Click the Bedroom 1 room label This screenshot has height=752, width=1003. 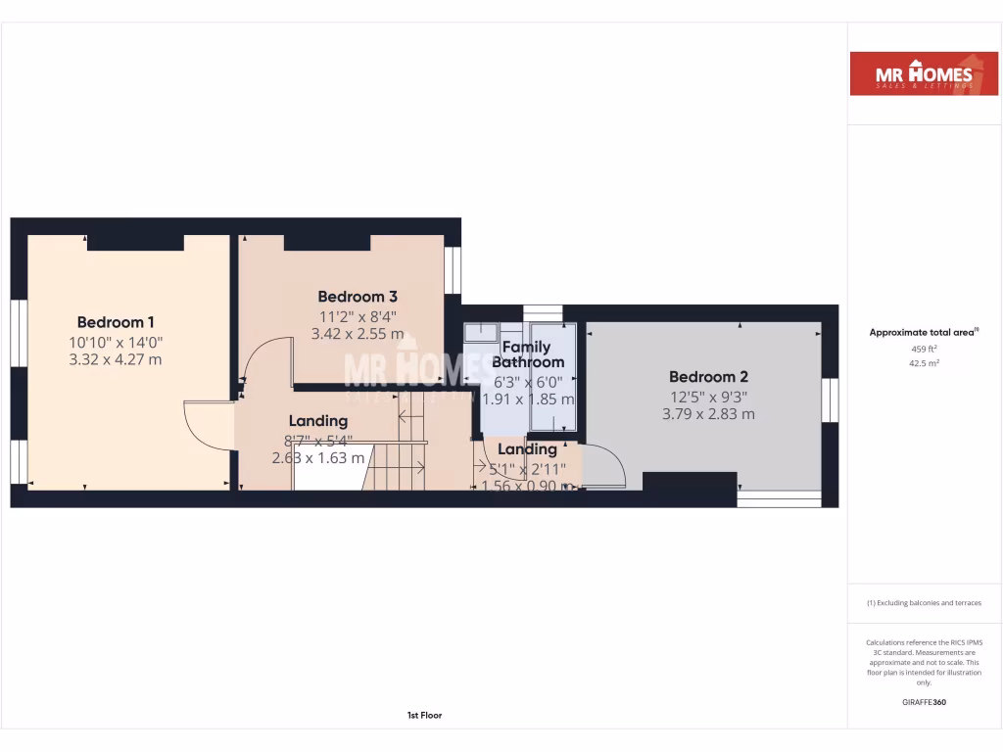click(116, 322)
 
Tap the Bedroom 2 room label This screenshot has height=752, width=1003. click(708, 377)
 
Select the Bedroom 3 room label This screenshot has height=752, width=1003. click(358, 297)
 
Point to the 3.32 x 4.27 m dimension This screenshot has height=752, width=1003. click(116, 359)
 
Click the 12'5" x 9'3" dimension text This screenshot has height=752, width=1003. click(708, 396)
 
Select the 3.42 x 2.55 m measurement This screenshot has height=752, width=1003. click(358, 334)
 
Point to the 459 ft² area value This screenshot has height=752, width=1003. click(924, 349)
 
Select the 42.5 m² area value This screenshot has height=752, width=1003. click(924, 362)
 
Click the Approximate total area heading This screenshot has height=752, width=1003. click(924, 333)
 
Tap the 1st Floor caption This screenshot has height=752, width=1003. click(424, 716)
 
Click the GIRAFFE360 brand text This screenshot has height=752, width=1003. click(924, 702)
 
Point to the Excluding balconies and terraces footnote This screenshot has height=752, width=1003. click(924, 603)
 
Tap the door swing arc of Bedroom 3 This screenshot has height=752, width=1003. click(265, 357)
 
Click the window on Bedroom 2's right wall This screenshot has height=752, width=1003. click(831, 400)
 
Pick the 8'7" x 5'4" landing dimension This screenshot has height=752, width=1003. click(317, 440)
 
